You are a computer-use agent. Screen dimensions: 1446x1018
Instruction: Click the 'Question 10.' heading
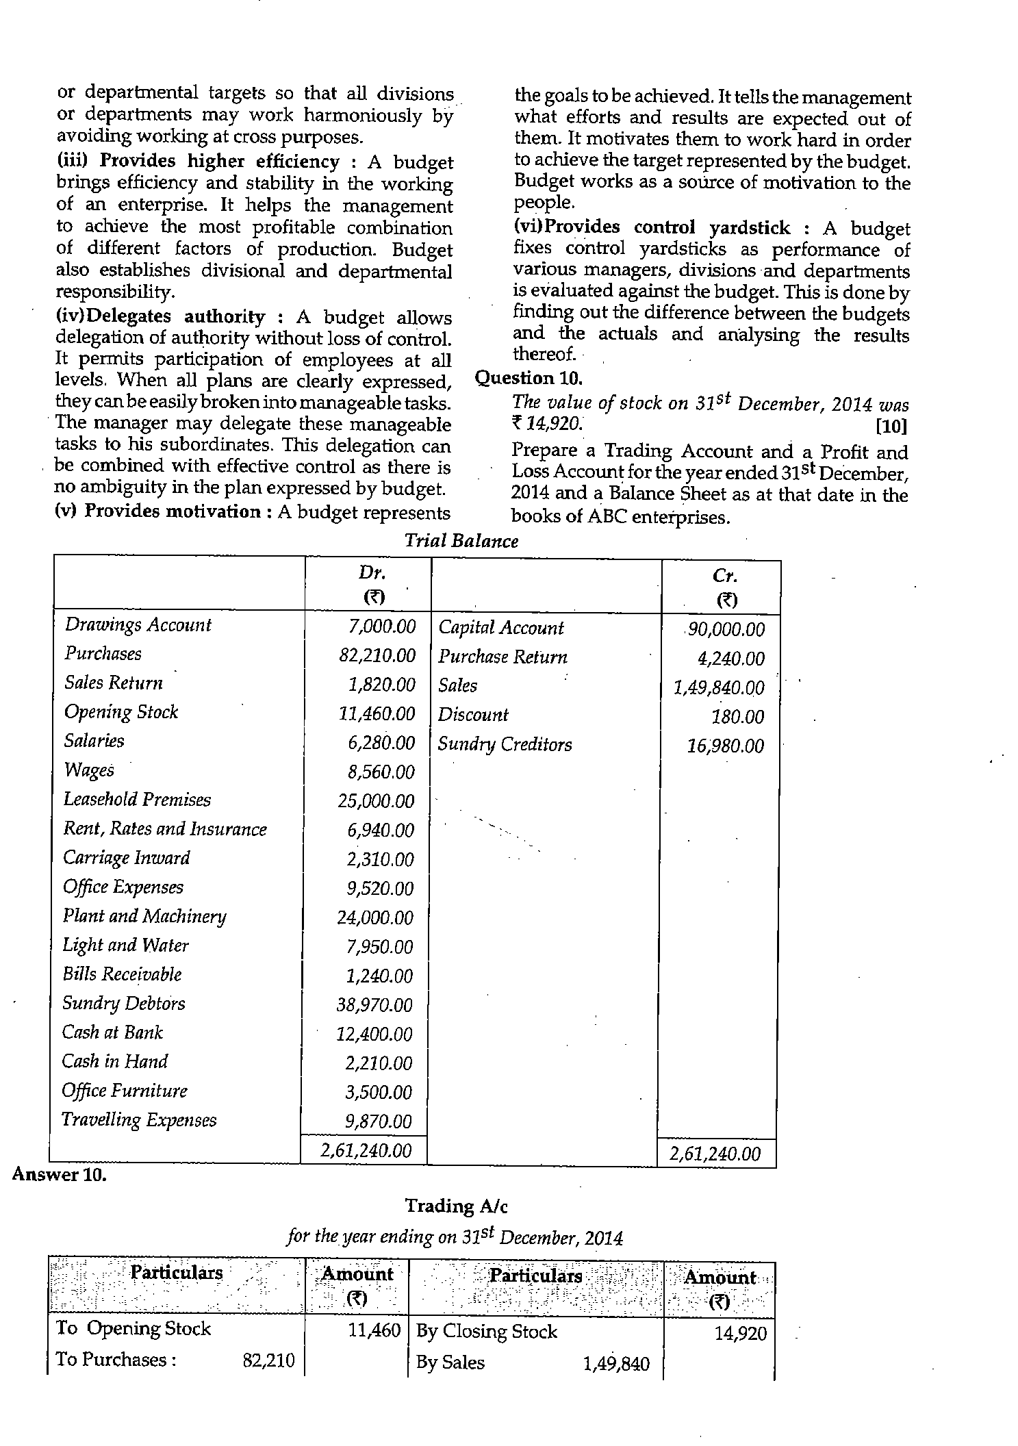point(528,378)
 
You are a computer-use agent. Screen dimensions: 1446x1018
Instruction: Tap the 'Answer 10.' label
point(60,1175)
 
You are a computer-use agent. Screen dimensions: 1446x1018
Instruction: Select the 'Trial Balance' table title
point(461,541)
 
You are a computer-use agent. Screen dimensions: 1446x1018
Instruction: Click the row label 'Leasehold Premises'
point(137,800)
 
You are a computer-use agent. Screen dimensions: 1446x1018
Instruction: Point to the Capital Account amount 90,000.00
point(726,629)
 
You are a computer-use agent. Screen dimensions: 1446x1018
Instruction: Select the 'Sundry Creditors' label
point(505,744)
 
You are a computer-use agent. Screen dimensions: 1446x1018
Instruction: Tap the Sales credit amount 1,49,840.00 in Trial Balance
point(719,687)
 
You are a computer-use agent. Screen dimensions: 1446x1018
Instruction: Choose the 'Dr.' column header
point(373,572)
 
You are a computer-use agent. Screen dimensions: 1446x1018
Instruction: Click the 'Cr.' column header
point(725,576)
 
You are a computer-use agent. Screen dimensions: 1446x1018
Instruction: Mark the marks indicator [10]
point(891,427)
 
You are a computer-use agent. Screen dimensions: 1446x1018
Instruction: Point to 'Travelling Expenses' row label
point(139,1120)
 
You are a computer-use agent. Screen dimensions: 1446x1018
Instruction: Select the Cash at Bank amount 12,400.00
point(374,1034)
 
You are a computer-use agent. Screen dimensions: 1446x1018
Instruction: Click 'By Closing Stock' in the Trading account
point(487,1331)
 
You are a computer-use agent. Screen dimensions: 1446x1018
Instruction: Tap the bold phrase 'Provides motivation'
point(172,511)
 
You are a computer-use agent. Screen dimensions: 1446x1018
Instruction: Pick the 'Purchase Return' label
point(502,657)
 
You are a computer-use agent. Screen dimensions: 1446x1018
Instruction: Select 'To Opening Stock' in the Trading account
point(133,1328)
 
